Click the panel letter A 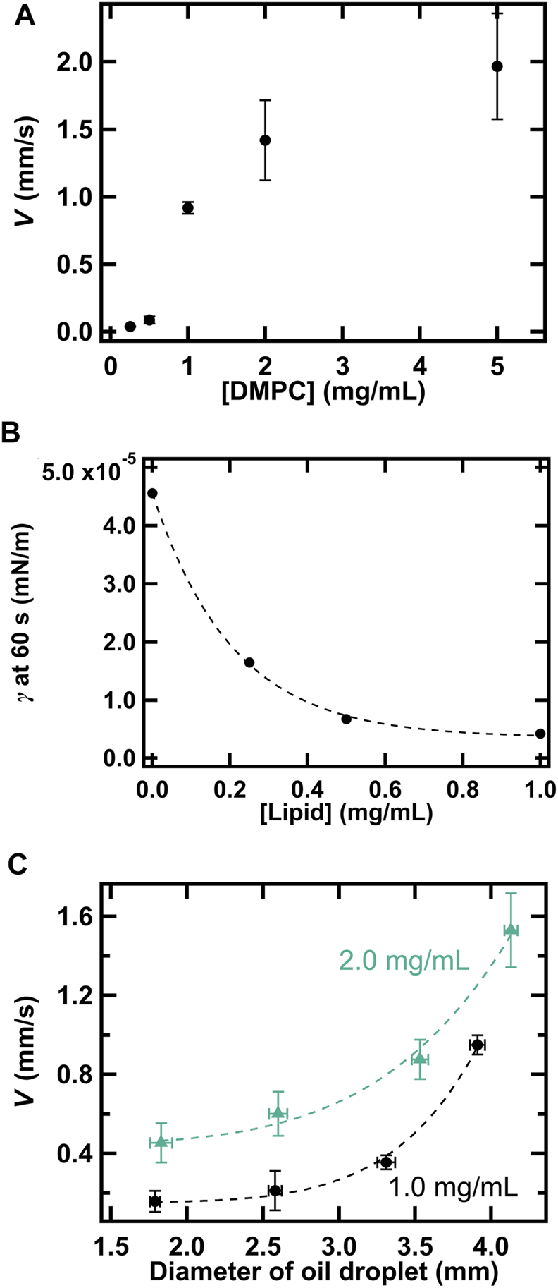25,16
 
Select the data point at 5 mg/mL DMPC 497,66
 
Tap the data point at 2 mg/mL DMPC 265,140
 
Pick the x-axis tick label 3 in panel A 342,367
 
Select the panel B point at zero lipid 151,493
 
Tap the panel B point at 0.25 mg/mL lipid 249,662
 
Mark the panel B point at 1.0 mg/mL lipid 540,734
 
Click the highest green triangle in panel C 511,930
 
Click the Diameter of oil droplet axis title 324,1271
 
